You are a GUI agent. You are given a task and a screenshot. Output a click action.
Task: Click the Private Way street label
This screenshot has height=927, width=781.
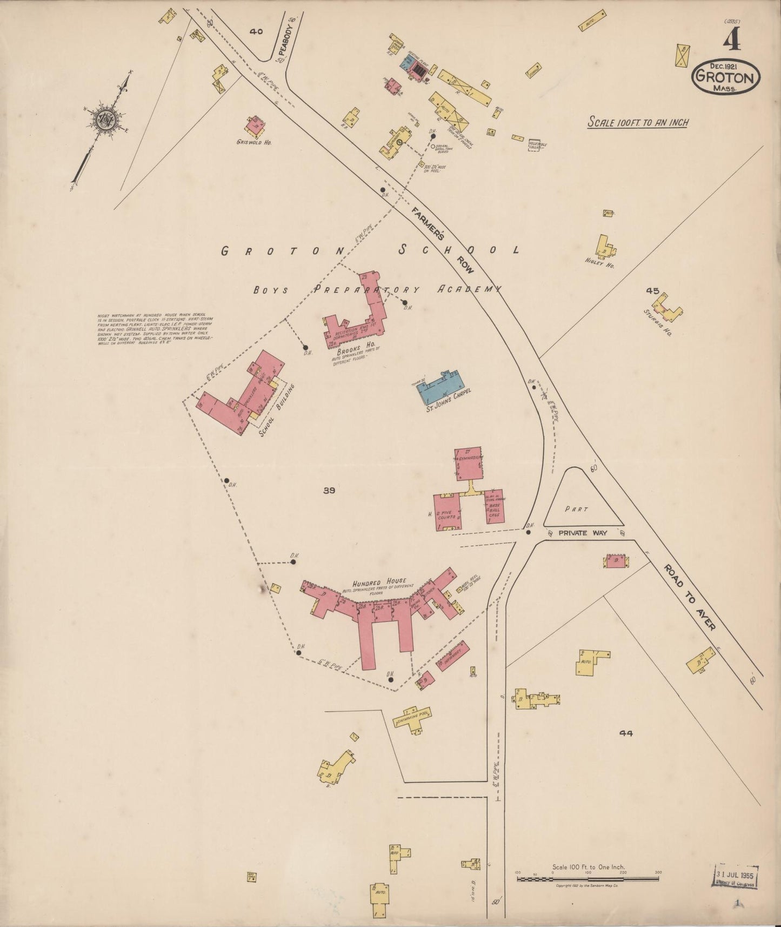click(583, 533)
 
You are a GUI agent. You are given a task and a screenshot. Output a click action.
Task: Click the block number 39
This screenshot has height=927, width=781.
click(329, 491)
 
